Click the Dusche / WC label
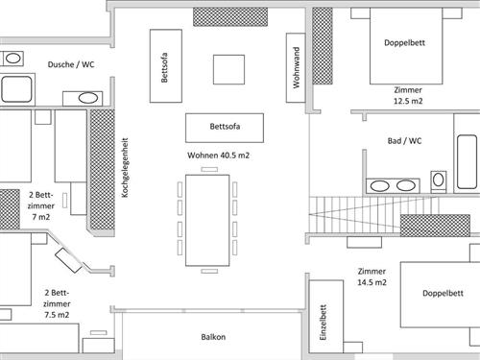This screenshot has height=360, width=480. (x=71, y=64)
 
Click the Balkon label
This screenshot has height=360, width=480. (x=213, y=337)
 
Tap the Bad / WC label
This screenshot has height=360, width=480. (x=404, y=141)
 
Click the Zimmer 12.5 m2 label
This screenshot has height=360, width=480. (x=408, y=94)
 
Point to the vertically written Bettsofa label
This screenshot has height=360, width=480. (x=165, y=65)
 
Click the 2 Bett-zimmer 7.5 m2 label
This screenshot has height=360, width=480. (x=57, y=302)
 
